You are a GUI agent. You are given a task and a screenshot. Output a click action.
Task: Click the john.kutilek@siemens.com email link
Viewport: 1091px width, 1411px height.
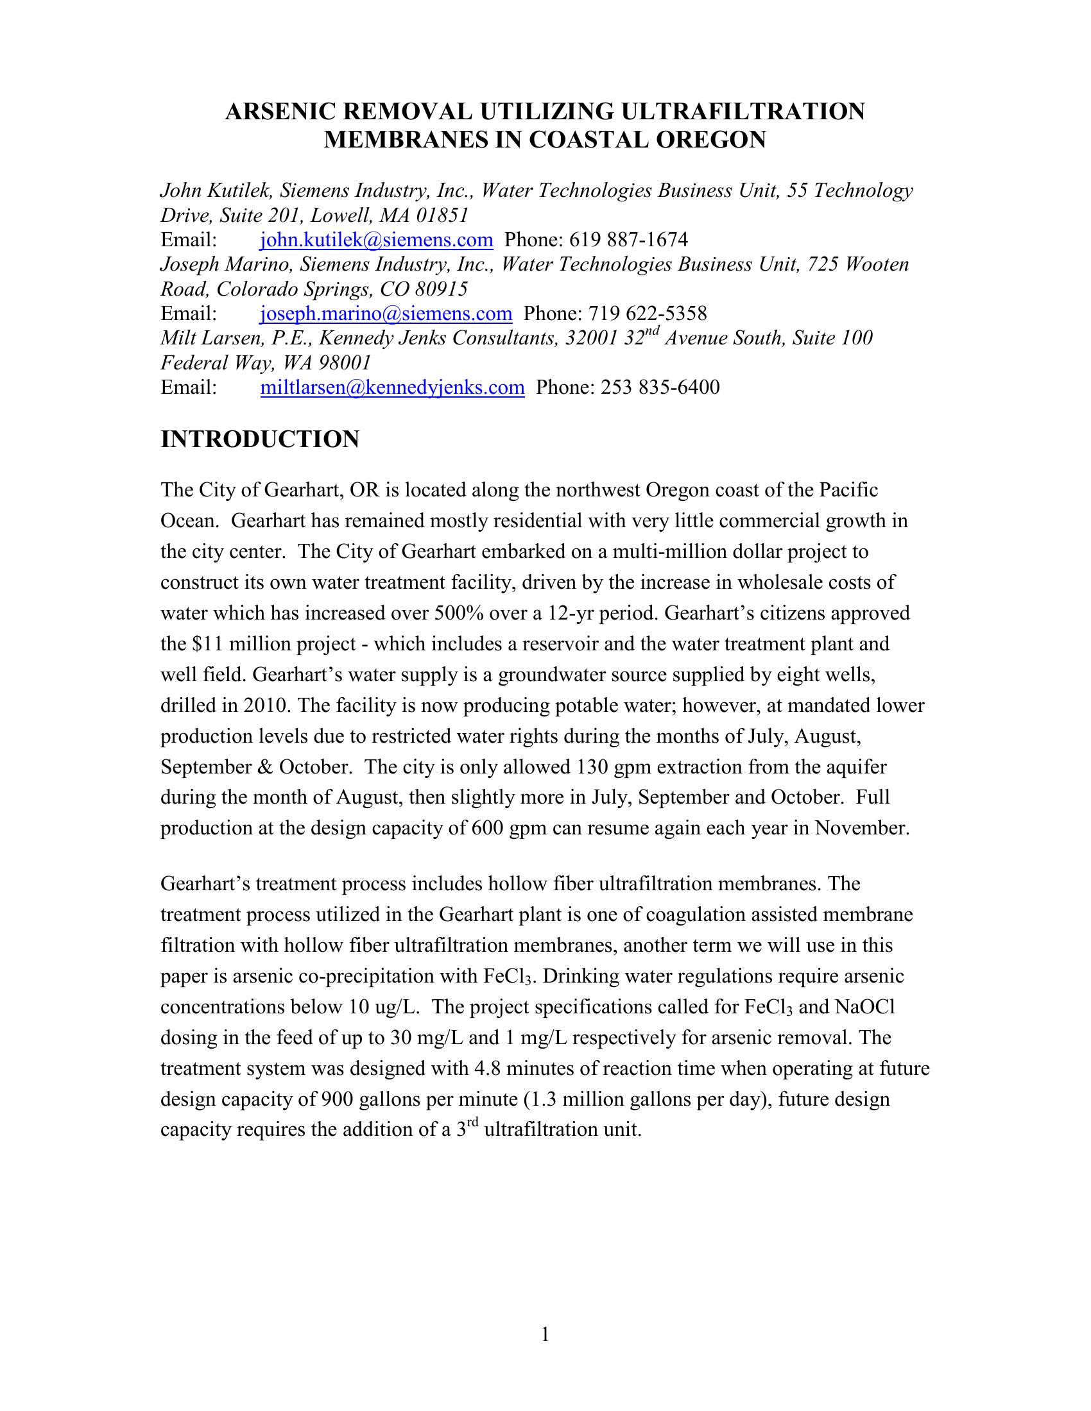376,241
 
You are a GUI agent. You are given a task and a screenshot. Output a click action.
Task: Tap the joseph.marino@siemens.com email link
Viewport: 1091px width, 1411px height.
386,314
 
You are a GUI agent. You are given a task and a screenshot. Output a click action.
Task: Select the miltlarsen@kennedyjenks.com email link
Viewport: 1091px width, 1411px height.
391,387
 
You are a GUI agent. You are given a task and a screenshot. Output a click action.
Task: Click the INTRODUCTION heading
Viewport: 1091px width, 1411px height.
260,439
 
